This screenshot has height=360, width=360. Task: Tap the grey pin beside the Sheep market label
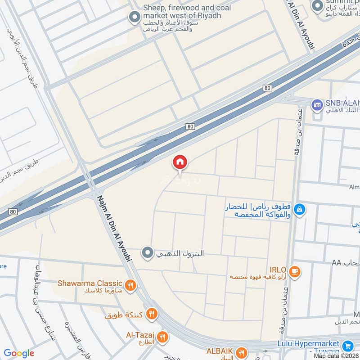click(134, 18)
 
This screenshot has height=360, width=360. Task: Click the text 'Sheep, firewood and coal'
click(187, 8)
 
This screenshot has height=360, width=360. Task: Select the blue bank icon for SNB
click(317, 105)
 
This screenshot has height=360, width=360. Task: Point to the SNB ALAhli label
click(342, 103)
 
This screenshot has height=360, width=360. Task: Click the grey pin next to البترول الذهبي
click(147, 254)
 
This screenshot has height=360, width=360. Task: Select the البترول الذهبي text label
click(180, 254)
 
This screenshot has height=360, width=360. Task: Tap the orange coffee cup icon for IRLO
click(295, 271)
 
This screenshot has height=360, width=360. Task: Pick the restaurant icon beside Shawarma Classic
click(130, 285)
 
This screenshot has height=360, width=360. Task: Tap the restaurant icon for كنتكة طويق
click(152, 314)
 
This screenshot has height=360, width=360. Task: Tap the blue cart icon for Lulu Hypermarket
click(347, 346)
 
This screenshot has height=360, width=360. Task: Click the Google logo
click(19, 353)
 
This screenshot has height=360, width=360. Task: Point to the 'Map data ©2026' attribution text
click(336, 355)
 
